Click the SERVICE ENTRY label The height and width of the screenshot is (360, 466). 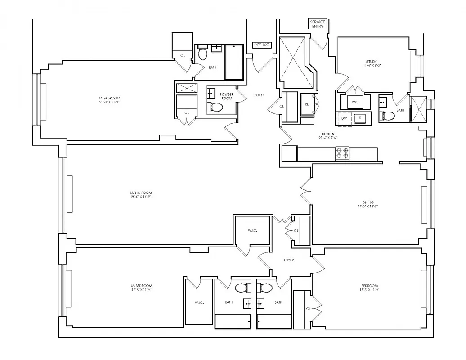[x=317, y=24]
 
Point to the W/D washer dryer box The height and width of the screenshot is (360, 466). [x=355, y=102]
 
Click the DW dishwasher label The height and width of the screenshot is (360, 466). [x=344, y=118]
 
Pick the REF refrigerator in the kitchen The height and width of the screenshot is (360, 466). [x=308, y=104]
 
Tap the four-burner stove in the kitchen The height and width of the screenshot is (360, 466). [x=342, y=153]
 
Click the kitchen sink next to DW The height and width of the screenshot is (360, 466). [x=360, y=118]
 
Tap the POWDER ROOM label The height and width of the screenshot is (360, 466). [x=227, y=96]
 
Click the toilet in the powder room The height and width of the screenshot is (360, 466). [x=216, y=108]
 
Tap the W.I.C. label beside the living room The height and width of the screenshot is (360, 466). [x=252, y=231]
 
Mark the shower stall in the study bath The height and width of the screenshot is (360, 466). [x=419, y=109]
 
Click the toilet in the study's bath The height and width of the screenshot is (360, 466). [x=388, y=116]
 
